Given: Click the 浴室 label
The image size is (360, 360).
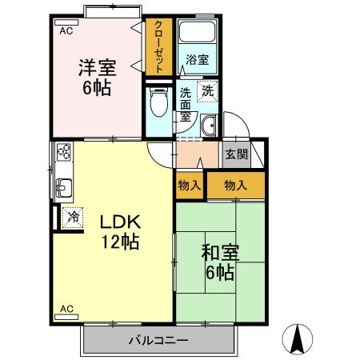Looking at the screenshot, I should pyautogui.click(x=197, y=59).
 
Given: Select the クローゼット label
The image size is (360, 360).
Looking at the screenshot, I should pyautogui.click(x=158, y=45).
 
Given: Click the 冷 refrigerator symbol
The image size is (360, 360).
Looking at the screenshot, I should pyautogui.click(x=73, y=216).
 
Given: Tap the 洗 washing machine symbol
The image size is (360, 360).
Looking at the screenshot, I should pyautogui.click(x=208, y=91).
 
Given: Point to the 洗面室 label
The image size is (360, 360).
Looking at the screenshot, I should pyautogui.click(x=186, y=104).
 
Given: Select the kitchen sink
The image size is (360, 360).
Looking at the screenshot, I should pyautogui.click(x=62, y=188).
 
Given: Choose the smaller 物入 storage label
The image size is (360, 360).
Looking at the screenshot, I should pyautogui.click(x=189, y=185).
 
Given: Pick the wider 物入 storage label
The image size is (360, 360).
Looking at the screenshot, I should pyautogui.click(x=234, y=185).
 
